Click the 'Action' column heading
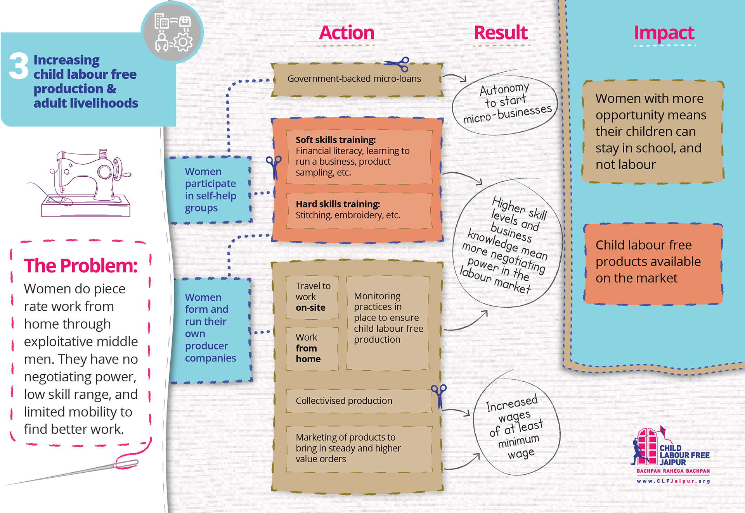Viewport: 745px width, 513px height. (347, 33)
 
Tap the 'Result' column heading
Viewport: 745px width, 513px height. (501, 33)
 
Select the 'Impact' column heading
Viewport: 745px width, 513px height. (664, 33)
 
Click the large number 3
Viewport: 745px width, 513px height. (19, 66)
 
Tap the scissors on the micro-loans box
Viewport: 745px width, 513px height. (398, 64)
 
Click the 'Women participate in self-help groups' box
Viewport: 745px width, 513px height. (210, 190)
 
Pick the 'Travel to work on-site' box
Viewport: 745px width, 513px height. (312, 297)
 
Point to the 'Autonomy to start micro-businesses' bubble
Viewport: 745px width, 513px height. (505, 104)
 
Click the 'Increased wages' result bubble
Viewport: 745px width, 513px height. (516, 426)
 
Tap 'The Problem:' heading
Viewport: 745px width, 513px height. (81, 266)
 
